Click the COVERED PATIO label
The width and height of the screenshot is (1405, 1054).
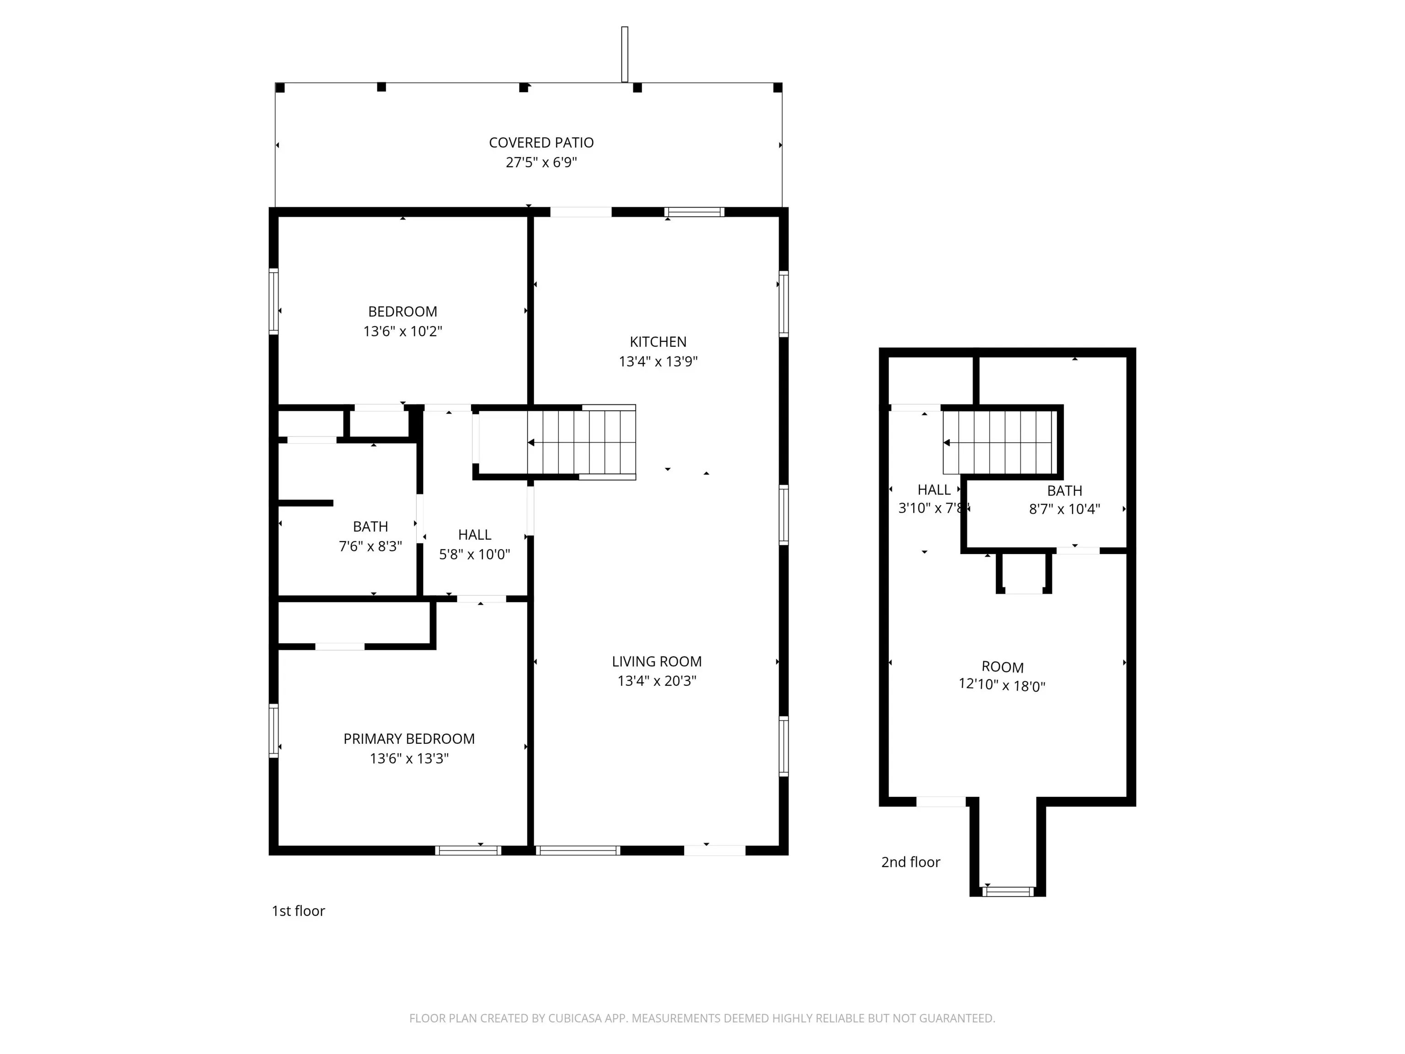click(541, 143)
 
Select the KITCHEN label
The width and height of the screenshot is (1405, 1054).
click(658, 342)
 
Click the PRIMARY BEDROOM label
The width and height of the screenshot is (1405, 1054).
click(409, 739)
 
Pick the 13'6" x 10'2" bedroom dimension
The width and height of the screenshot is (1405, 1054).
click(402, 332)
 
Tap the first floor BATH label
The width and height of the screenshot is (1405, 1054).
click(370, 527)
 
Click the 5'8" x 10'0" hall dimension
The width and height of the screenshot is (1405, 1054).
click(474, 554)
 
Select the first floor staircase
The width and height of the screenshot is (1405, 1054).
click(581, 442)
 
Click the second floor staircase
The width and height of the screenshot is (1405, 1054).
click(999, 442)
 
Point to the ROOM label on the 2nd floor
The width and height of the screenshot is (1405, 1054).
click(1003, 667)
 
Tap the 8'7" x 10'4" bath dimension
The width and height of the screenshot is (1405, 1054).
click(1065, 509)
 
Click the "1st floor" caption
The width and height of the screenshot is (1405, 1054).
click(298, 911)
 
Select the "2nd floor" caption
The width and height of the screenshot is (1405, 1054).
click(910, 862)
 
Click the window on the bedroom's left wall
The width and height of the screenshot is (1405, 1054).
click(274, 301)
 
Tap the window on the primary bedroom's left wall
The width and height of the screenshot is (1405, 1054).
click(274, 731)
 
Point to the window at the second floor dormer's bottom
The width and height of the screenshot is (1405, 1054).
click(1008, 892)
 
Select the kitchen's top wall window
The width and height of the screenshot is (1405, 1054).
click(694, 212)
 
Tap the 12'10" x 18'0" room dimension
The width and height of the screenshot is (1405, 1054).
click(1002, 686)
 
